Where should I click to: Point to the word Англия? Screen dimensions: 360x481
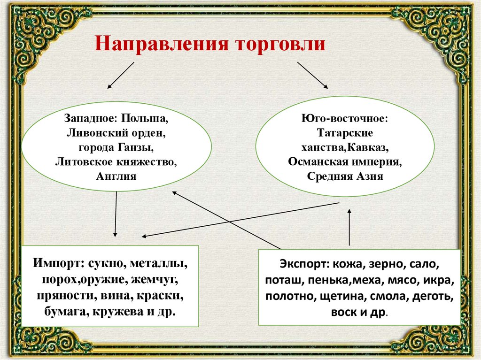click(x=116, y=177)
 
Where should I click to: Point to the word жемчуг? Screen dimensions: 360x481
click(x=152, y=280)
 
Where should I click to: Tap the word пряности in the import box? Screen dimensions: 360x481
click(x=64, y=296)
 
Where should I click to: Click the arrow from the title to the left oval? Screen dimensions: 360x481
click(x=121, y=76)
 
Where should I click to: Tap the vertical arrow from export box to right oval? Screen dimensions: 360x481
click(x=349, y=228)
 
